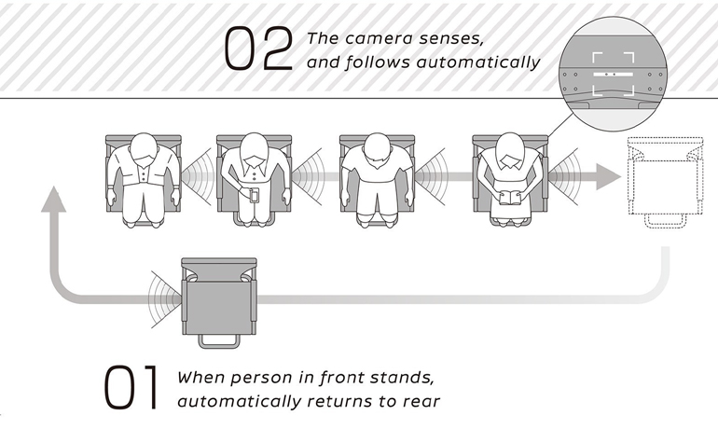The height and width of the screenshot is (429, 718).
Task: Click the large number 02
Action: click(258, 48)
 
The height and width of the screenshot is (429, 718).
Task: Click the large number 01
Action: click(131, 387)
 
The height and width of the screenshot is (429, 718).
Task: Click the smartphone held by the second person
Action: click(255, 195)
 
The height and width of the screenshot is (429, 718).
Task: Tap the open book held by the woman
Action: click(511, 198)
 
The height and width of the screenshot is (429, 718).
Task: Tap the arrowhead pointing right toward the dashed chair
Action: click(608, 176)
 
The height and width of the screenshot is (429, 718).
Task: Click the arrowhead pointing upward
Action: click(53, 200)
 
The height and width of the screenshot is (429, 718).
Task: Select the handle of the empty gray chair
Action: click(219, 341)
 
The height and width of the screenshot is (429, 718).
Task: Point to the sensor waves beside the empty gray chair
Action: click(165, 299)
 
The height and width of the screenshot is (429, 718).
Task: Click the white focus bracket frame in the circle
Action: click(614, 74)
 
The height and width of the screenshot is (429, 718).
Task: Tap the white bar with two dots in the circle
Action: click(614, 75)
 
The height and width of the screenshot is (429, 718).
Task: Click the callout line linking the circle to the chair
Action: click(560, 126)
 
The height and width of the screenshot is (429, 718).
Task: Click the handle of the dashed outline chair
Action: click(666, 222)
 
